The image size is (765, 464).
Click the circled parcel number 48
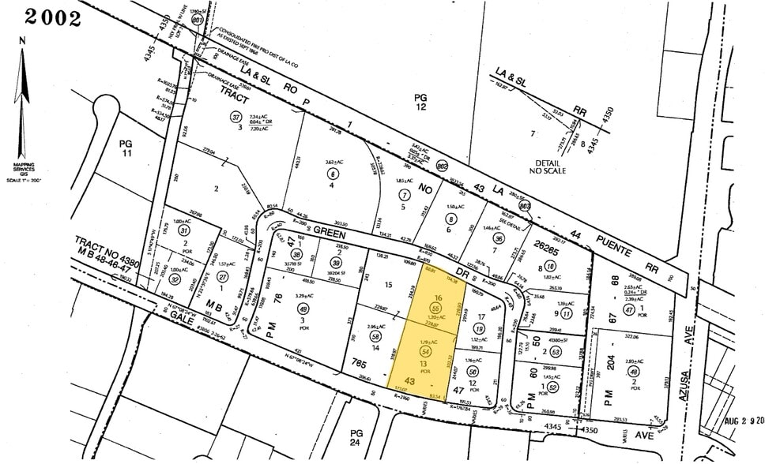pos(634,372)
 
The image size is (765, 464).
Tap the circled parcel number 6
pos(334,174)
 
